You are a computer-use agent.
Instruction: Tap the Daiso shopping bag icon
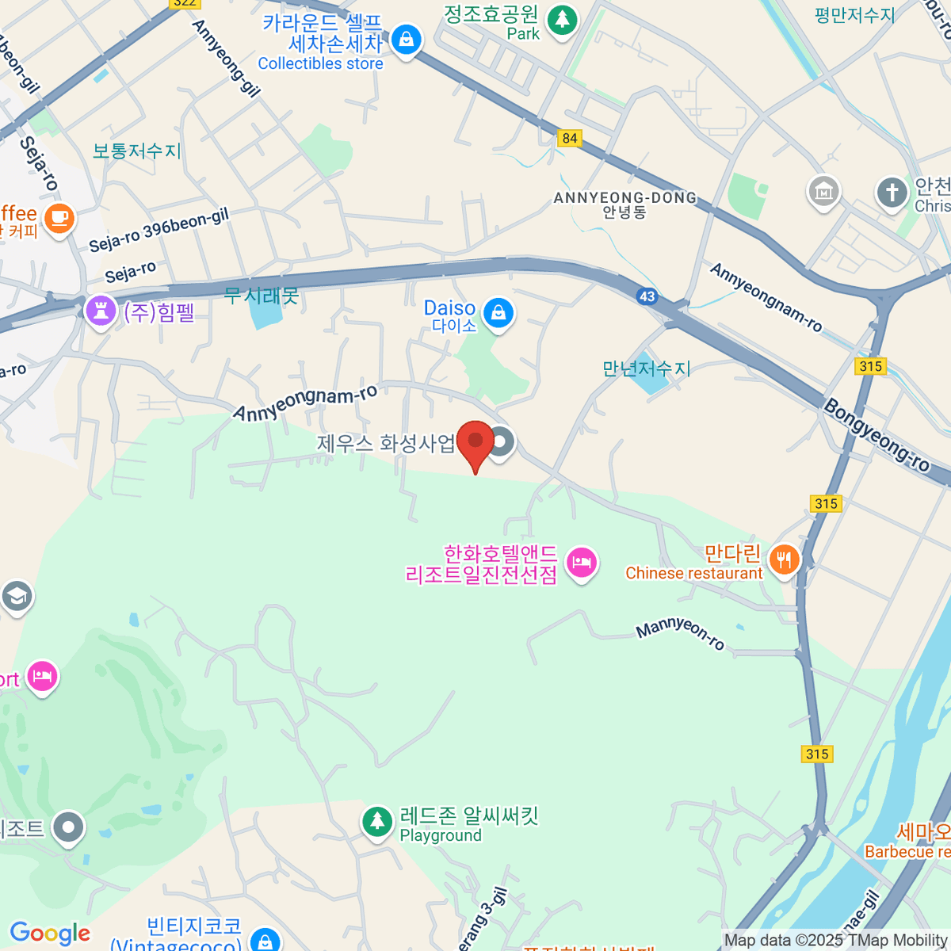point(498,313)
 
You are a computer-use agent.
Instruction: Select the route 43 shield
point(647,296)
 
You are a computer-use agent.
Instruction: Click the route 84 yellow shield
point(569,138)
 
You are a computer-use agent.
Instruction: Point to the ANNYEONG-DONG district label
point(625,198)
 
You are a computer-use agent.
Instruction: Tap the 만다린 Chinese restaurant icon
point(784,560)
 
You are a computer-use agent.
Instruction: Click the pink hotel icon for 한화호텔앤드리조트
point(582,563)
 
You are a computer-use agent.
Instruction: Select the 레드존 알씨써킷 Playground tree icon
point(377,822)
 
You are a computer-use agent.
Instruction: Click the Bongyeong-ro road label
point(876,435)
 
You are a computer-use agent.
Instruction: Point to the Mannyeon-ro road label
point(681,632)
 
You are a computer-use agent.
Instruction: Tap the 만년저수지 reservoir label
point(647,369)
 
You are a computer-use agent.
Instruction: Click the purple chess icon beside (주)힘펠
point(101,311)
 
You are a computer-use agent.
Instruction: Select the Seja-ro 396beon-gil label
point(158,231)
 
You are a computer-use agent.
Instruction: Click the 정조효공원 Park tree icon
point(562,19)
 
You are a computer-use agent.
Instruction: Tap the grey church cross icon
point(892,192)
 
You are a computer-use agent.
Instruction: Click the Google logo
point(50,934)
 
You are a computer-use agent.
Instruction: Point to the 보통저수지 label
point(136,151)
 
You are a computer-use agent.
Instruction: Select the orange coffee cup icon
point(59,217)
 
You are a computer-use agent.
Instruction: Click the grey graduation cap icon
point(17,596)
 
